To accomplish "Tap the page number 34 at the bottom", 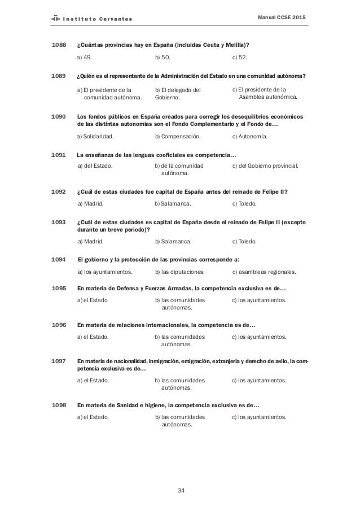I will coord(181,490).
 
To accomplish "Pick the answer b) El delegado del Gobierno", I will coord(177,94).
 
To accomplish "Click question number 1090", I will coord(59,116).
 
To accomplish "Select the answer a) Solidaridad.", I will coord(95,137).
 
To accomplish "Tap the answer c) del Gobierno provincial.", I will coord(265,166).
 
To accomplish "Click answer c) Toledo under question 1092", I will coord(244,203).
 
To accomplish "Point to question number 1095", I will coord(59,287).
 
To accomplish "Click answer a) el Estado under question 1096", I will coord(93,337).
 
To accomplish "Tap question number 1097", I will coord(59,361).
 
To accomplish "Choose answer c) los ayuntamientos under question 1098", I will coord(259,417).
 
